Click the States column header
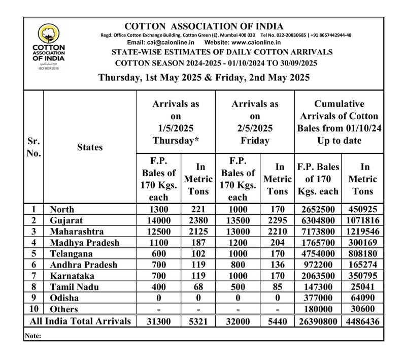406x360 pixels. coord(90,147)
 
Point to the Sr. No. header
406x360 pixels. coord(33,147)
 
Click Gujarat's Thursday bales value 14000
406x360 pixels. coord(157,219)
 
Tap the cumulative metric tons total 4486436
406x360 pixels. coord(362,321)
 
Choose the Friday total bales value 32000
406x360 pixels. coord(238,321)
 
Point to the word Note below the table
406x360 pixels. coord(32,336)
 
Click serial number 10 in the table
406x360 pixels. coord(33,309)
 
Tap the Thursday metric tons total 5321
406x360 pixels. coord(197,321)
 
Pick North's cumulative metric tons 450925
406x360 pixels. coord(362,208)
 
